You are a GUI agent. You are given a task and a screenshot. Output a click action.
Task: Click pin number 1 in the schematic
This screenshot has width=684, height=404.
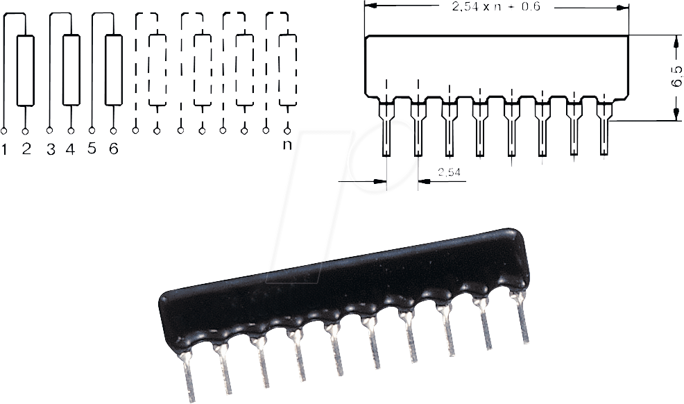[5, 149]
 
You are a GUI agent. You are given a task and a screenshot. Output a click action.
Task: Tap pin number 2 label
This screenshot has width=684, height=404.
[26, 149]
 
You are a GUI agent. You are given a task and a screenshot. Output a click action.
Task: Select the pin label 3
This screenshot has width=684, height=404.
[50, 149]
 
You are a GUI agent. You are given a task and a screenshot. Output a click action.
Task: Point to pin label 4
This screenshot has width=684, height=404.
[70, 149]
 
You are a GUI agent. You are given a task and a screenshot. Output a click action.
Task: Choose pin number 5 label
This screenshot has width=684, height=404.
[92, 149]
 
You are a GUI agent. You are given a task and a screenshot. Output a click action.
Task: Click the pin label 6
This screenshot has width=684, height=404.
[113, 149]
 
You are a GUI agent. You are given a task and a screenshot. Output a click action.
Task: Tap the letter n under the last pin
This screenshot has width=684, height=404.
[287, 145]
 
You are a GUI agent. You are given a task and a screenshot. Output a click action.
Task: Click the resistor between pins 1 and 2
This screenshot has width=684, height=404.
[26, 71]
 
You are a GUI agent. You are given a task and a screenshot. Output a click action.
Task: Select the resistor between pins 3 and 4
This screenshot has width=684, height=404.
[71, 71]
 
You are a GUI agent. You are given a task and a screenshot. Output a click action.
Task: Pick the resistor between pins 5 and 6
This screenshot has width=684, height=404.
[114, 71]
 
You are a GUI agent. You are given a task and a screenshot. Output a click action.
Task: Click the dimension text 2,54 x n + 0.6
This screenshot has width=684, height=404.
[495, 8]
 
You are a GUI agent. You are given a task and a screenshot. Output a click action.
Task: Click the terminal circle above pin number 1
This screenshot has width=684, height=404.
[4, 131]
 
